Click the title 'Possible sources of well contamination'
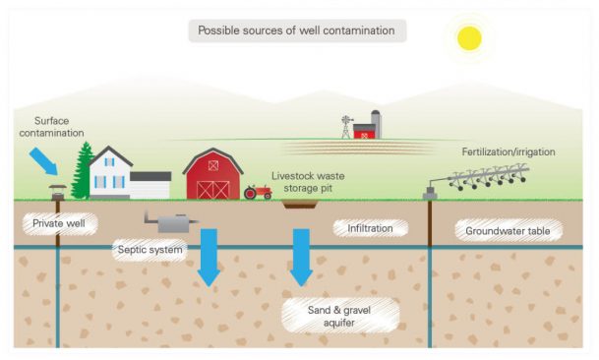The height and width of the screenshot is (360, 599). (296, 30)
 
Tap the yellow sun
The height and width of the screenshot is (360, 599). (468, 37)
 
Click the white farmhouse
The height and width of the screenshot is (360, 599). (123, 174)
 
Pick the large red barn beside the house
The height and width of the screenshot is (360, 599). (212, 176)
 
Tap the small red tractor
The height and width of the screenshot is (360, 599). (258, 191)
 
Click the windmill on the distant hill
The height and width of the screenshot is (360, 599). (345, 127)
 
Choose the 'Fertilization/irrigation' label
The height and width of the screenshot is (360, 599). (508, 152)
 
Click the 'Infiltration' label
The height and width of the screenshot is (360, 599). (370, 228)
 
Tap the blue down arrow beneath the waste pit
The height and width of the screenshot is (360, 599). (301, 256)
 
